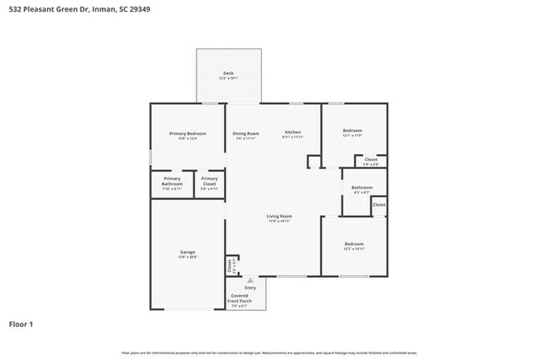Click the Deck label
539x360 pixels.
(228, 74)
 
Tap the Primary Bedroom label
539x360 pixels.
(187, 134)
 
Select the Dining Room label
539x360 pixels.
(245, 134)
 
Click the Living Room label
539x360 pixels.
(279, 217)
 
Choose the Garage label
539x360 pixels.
(187, 252)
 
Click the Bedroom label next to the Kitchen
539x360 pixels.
(352, 131)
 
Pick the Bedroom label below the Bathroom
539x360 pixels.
(353, 245)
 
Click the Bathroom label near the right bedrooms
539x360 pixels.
(362, 188)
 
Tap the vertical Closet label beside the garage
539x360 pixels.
(230, 265)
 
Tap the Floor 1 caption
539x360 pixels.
(22, 324)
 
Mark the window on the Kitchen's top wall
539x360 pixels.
(296, 104)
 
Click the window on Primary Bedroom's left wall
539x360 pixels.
(150, 156)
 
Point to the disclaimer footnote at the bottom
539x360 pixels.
(269, 353)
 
